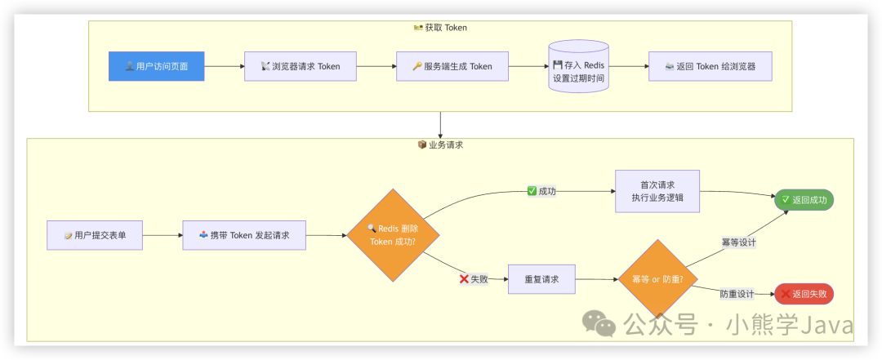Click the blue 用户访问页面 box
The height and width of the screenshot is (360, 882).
(156, 66)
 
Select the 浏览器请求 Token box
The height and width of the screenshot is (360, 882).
(300, 66)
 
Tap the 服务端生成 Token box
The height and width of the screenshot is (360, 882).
(452, 66)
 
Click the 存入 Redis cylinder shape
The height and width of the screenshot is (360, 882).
(578, 67)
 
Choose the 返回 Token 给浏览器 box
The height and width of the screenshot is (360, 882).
(709, 66)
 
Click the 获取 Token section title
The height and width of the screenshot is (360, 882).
(440, 28)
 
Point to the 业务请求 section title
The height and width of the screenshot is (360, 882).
(440, 144)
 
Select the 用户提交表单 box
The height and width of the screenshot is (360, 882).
(95, 235)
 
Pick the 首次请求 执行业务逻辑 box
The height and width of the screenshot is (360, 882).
(657, 191)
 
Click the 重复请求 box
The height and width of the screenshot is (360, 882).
(541, 279)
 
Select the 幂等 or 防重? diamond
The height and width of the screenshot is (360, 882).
(657, 279)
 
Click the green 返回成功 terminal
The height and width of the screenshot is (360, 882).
(804, 199)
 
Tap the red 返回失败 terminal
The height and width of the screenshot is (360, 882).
(804, 294)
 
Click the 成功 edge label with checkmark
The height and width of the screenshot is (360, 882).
(541, 191)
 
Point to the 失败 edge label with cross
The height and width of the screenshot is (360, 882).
(473, 278)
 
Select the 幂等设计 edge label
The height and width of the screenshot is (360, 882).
(738, 242)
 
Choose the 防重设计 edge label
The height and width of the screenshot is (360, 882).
(737, 294)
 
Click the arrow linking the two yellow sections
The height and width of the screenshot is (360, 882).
(440, 124)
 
